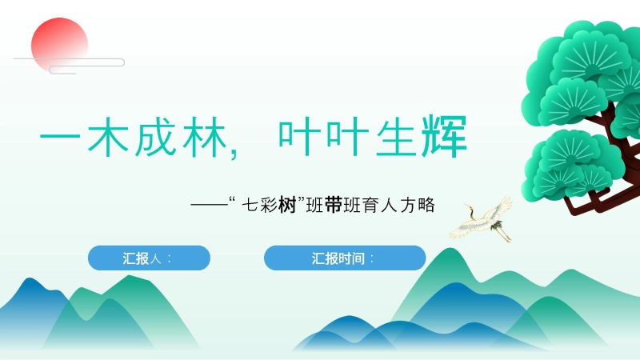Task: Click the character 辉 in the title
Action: (446, 139)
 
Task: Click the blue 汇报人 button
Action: (149, 258)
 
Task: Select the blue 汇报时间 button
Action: (345, 258)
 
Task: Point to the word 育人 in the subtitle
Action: (382, 206)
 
